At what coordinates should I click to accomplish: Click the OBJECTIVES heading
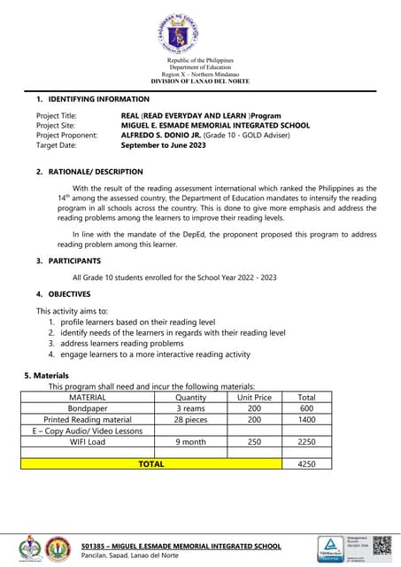tap(70, 293)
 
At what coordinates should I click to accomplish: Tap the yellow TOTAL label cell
tap(151, 463)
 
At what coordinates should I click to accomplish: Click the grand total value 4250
tap(306, 463)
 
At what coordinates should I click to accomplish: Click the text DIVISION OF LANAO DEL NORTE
tap(200, 82)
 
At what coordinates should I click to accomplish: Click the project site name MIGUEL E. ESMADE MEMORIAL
tap(215, 126)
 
